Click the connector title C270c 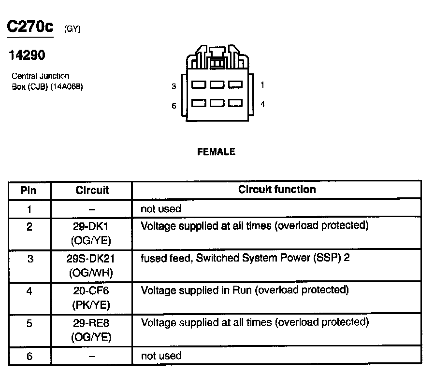(29, 27)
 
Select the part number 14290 (27, 55)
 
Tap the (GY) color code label (72, 29)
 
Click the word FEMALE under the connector (216, 152)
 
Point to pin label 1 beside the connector (262, 85)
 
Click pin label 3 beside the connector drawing (174, 86)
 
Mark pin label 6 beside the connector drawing (174, 106)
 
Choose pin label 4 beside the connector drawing (262, 104)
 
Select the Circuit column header (92, 190)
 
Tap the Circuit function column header (276, 190)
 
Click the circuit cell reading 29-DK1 (91, 226)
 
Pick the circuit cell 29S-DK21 (91, 258)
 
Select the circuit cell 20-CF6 (91, 290)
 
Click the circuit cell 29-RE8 (91, 323)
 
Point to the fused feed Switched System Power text (245, 258)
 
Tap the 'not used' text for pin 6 (161, 356)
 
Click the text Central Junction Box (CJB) (43, 82)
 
